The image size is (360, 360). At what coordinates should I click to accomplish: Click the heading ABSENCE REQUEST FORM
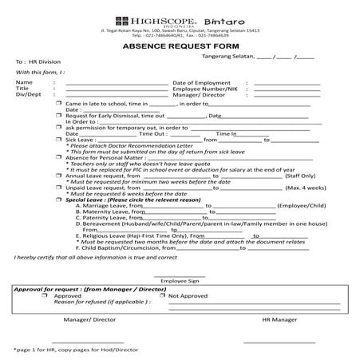pos(180,47)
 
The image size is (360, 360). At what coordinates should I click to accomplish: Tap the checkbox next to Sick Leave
pos(58,140)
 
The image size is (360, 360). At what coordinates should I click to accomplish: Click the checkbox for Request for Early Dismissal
pos(58,116)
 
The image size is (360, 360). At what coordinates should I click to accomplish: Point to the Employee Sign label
pos(183,281)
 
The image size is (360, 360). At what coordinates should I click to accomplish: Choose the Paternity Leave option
pos(105,218)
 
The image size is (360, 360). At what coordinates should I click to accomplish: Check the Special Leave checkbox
pos(58,200)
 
